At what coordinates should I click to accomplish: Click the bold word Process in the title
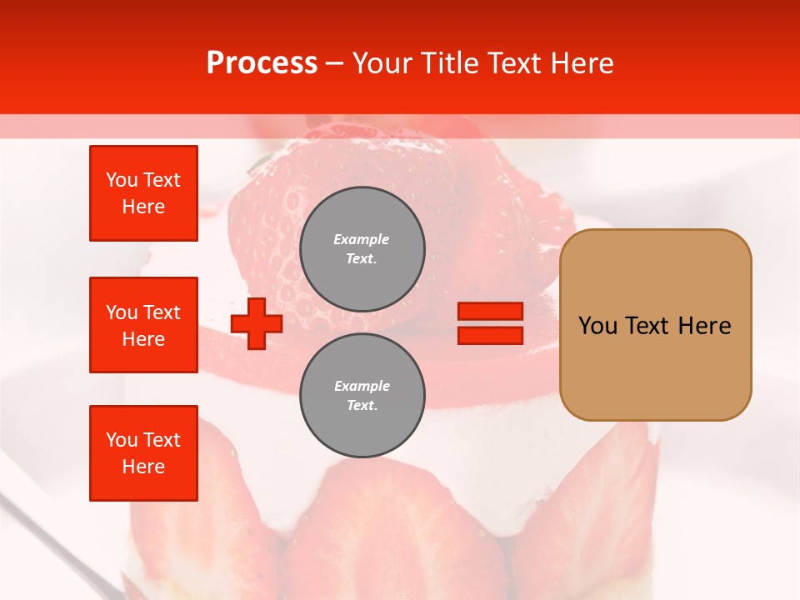point(262,63)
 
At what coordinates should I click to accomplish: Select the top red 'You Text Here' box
point(143,193)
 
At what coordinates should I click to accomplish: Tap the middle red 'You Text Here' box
point(143,325)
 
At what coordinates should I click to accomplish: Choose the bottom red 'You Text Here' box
point(143,453)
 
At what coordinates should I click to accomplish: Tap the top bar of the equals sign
point(490,312)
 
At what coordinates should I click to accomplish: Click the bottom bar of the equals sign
point(490,335)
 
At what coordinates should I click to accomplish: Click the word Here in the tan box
point(704,326)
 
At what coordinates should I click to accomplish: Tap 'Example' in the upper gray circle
point(362,239)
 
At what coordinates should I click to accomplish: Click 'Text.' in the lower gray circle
point(362,406)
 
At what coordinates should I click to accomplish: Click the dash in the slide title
point(335,63)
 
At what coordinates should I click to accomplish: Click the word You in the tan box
point(597,326)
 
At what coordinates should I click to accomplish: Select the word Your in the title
point(383,63)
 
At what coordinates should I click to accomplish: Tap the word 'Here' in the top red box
point(143,207)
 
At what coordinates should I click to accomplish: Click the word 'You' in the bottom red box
point(122,440)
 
